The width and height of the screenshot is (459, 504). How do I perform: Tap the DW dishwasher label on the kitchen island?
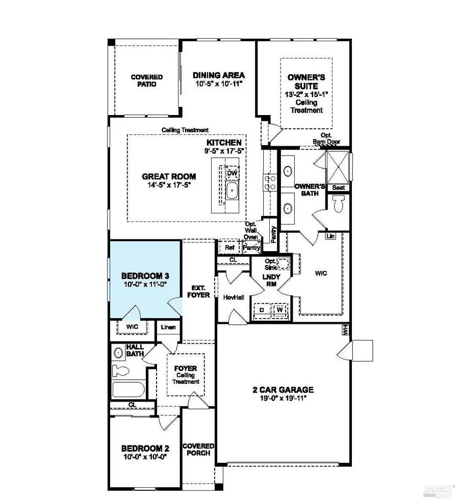point(232,173)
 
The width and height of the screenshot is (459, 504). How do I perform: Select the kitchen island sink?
point(232,192)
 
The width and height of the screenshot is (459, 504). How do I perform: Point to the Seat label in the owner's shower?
point(339,187)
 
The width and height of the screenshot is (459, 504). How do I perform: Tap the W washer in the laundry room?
point(279,309)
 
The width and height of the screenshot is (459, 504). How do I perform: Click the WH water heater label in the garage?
point(345,329)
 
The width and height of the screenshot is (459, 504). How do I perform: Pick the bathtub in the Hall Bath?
point(129,391)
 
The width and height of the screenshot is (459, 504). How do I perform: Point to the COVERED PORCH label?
point(198,449)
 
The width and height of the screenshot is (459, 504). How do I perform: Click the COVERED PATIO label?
point(146,80)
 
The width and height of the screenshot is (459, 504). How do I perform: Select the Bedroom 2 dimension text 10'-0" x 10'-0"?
point(144,457)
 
